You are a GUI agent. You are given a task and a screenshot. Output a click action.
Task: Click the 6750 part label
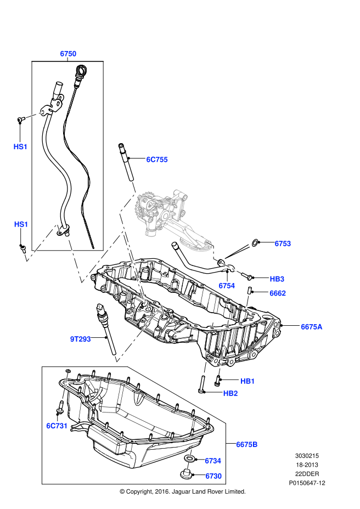pos(68,54)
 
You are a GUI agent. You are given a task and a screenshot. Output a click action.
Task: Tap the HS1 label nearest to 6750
pos(20,146)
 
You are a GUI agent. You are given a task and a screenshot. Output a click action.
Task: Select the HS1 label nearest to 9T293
pos(21,224)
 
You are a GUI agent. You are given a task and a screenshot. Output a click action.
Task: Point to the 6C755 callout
pos(156,160)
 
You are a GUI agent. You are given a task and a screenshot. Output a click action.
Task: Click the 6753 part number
pos(283,244)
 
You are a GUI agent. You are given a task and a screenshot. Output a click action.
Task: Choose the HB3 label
pos(277,279)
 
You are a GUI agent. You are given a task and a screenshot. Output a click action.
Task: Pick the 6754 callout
pos(227,286)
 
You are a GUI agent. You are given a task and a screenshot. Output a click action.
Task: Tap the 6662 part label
pos(278,293)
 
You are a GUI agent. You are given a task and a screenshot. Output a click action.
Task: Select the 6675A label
pos(311,327)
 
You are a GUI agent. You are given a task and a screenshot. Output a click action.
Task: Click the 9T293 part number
pos(80,339)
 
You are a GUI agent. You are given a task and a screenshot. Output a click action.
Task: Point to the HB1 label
pos(248,381)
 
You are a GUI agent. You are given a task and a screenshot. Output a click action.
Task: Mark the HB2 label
pos(230,393)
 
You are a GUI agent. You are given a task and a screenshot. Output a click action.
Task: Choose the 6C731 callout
pos(57,426)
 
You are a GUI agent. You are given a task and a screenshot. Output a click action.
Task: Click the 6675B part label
pos(246,444)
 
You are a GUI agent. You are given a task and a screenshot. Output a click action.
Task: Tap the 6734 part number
pos(213,461)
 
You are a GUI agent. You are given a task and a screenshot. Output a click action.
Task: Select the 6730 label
pos(213,476)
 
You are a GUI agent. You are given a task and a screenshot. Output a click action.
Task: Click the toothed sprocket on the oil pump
pos(144,207)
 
